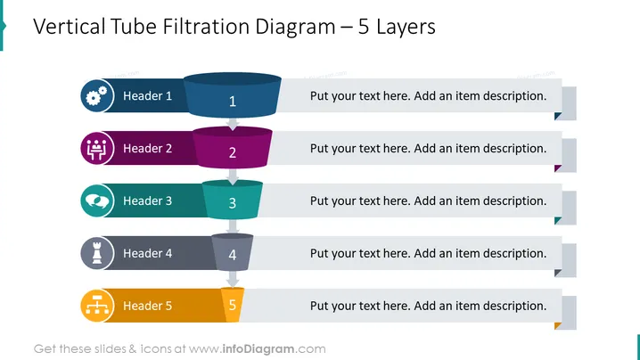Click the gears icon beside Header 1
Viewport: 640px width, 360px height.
pos(96,96)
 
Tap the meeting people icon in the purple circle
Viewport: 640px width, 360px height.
pos(96,149)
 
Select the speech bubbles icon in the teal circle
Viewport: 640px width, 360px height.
pos(97,200)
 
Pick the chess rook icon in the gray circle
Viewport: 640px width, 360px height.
pos(97,253)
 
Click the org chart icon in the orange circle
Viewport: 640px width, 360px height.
pos(97,306)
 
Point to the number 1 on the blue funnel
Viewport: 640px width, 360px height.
pos(233,102)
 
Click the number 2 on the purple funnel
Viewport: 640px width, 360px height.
pos(233,152)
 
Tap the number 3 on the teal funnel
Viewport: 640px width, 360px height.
pos(233,203)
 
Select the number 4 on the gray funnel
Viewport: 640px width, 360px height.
pos(233,255)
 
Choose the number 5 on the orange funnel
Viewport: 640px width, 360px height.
pos(233,305)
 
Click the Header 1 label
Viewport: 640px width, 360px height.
pos(147,96)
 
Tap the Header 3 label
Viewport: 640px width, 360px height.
pos(147,200)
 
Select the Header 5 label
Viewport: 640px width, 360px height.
pos(147,306)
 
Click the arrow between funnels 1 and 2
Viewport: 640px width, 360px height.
pos(233,124)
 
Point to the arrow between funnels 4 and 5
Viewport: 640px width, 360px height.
pos(233,279)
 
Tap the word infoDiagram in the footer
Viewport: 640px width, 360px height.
pos(258,349)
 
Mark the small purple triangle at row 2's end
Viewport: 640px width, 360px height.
pos(558,168)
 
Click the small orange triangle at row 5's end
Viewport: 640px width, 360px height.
pos(558,326)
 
